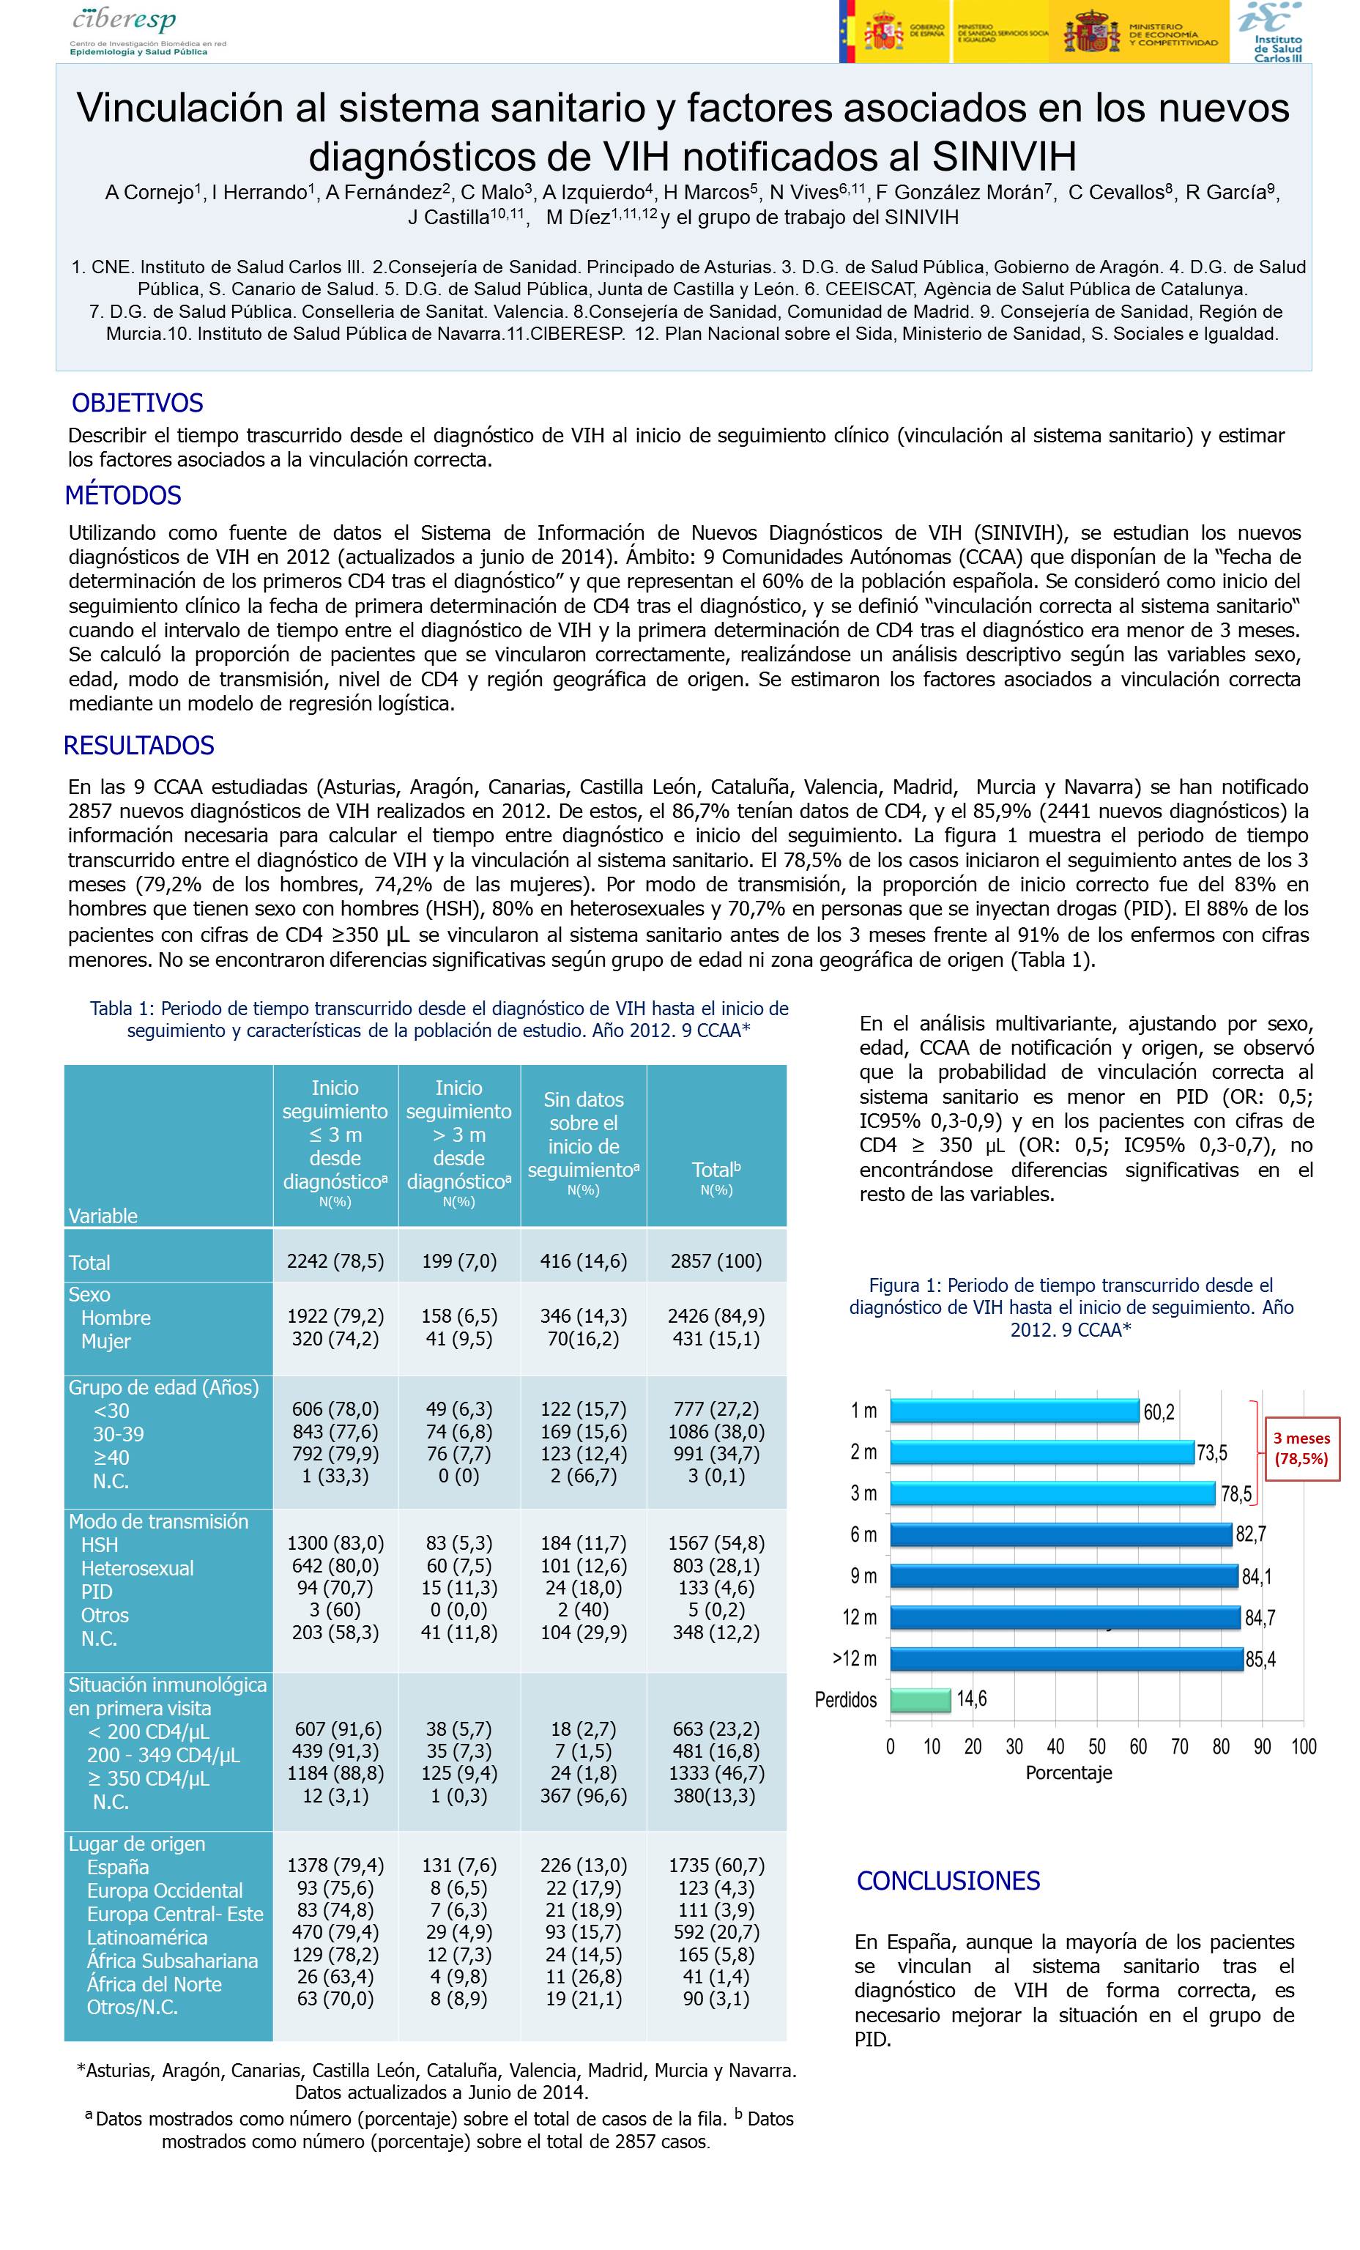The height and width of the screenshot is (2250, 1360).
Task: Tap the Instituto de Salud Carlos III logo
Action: (x=1272, y=32)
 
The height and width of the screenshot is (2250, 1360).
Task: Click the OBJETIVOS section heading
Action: (x=138, y=403)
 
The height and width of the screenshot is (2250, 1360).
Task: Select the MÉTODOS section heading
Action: (x=123, y=496)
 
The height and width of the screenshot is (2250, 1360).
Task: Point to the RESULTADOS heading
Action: (x=139, y=746)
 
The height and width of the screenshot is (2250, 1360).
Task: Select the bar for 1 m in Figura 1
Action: (x=1014, y=1411)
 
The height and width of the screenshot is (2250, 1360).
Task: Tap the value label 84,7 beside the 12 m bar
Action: (x=1260, y=1619)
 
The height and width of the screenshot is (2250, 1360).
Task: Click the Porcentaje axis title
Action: (x=1069, y=1773)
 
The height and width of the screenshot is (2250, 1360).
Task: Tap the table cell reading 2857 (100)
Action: (x=716, y=1261)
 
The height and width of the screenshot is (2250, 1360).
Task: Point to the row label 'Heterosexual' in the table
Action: (x=137, y=1568)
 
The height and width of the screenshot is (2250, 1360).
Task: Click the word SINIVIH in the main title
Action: (x=1004, y=157)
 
